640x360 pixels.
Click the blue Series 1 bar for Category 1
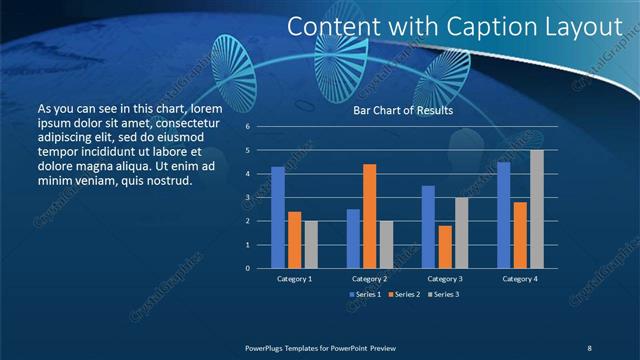point(278,217)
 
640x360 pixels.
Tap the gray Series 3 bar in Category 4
point(537,209)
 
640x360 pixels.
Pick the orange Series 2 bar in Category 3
point(445,247)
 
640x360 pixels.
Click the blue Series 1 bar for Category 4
point(504,215)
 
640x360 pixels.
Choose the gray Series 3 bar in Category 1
point(311,244)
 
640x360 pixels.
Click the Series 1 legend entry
point(365,294)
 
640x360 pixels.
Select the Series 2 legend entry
point(405,294)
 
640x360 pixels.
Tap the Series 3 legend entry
point(445,294)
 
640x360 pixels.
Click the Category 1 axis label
point(294,278)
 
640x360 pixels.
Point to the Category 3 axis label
point(445,278)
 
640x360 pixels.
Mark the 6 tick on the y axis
point(248,127)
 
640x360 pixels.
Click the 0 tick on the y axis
point(248,268)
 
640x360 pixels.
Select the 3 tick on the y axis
point(248,198)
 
